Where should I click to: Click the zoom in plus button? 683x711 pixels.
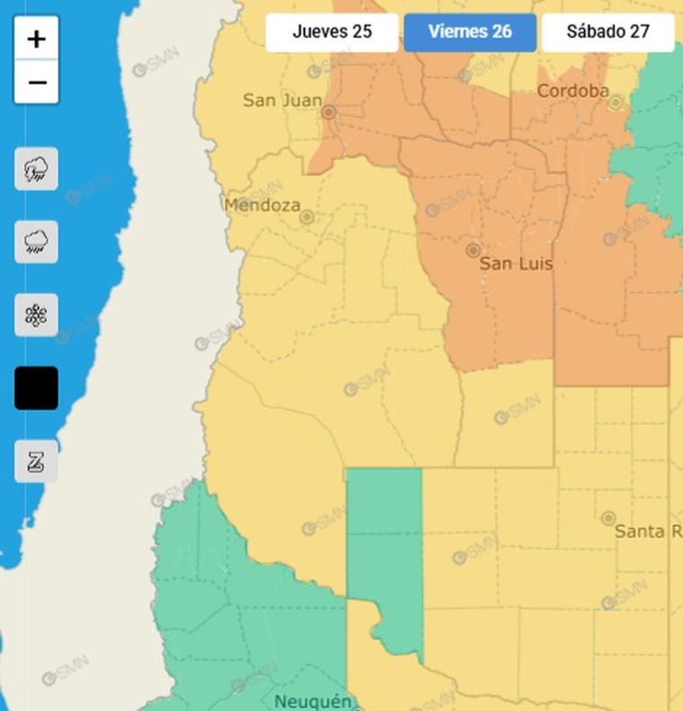click(36, 39)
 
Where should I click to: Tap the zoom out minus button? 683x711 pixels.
click(36, 83)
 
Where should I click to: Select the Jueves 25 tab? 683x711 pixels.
click(332, 31)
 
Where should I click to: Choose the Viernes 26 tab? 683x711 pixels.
click(470, 31)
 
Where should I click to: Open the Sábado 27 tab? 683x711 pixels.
click(608, 31)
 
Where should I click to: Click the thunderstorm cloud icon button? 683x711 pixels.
click(36, 169)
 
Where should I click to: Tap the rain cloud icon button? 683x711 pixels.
click(36, 242)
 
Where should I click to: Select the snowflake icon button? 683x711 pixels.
click(36, 315)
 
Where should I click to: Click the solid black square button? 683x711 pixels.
click(36, 388)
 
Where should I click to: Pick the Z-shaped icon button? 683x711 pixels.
click(36, 462)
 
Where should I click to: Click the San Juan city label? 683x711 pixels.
click(282, 100)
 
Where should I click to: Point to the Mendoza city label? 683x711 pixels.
click(262, 205)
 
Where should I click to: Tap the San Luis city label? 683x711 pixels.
click(515, 264)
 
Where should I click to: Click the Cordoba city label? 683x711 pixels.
click(572, 91)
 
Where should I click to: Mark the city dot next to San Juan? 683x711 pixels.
click(329, 112)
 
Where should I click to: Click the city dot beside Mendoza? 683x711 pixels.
click(306, 217)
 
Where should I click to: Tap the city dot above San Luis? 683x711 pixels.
click(473, 250)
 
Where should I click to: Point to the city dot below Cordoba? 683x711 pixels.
click(616, 103)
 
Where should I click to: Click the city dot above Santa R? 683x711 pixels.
click(608, 519)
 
